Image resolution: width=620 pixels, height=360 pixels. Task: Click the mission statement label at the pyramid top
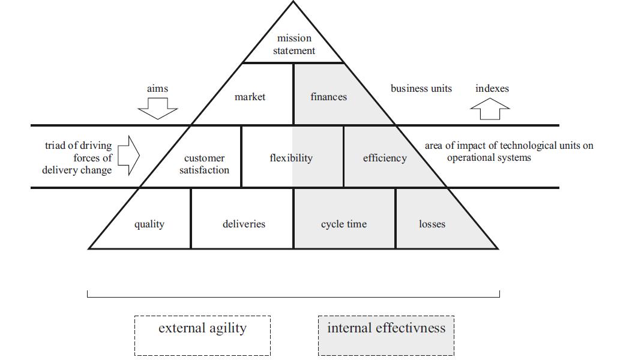(294, 45)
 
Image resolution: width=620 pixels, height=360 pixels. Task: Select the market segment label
(250, 97)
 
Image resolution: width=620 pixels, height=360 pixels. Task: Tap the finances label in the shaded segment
(328, 97)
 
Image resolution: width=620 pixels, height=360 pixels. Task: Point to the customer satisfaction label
(204, 164)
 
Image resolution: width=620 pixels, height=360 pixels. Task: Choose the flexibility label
(291, 158)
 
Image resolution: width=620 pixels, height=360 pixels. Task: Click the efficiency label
(385, 158)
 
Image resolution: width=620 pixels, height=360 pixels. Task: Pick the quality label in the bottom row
(149, 224)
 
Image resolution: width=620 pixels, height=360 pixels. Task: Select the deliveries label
(244, 224)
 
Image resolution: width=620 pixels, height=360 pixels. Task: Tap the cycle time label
(344, 224)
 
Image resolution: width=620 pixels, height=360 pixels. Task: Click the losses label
(432, 224)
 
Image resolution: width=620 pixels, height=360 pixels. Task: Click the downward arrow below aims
(158, 109)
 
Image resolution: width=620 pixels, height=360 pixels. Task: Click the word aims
(157, 89)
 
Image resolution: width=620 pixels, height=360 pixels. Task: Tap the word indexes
(492, 89)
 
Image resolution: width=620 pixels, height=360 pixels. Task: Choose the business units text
(421, 89)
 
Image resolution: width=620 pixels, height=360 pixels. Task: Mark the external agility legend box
(202, 335)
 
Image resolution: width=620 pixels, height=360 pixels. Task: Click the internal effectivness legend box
(386, 335)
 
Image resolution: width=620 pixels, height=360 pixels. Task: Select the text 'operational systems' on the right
(489, 158)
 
